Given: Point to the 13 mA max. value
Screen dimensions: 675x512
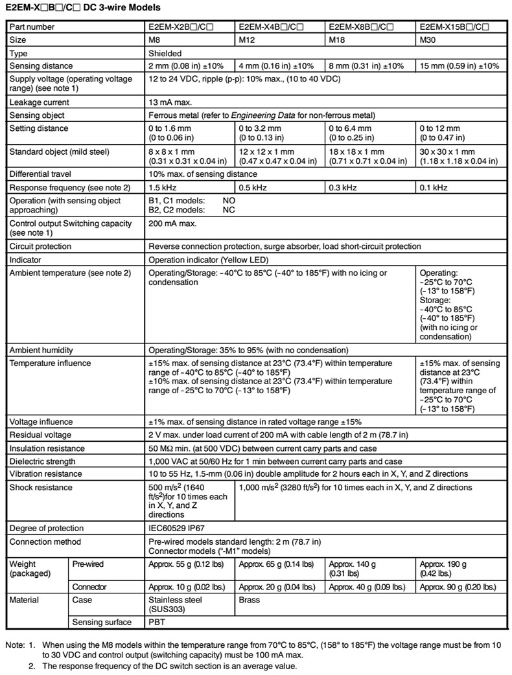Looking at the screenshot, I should (x=172, y=102).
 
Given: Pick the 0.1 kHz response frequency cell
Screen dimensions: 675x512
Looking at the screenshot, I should (x=433, y=187).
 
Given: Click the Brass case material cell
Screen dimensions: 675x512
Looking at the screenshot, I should (x=251, y=600).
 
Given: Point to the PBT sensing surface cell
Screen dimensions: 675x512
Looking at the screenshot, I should (x=157, y=623).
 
